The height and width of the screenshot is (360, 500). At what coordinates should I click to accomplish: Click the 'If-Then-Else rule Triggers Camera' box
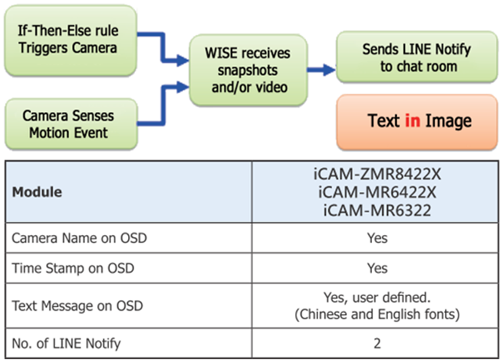click(71, 41)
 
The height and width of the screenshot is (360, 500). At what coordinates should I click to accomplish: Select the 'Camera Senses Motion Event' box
click(71, 124)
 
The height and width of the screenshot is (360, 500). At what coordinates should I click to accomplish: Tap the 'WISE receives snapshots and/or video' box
click(248, 70)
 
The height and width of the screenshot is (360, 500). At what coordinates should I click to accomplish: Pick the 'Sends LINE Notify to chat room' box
click(417, 57)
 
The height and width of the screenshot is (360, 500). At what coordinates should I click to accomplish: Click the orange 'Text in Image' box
click(417, 122)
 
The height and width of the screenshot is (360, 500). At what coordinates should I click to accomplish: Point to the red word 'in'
click(412, 120)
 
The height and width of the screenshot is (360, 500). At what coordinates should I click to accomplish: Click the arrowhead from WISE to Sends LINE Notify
click(330, 70)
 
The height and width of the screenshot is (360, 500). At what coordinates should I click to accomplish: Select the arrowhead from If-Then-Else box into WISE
click(183, 60)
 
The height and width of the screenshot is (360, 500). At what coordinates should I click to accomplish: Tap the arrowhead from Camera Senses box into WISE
click(183, 87)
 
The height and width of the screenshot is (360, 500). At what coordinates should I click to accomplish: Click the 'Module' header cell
click(37, 192)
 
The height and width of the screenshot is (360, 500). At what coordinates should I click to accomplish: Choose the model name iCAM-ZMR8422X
click(377, 174)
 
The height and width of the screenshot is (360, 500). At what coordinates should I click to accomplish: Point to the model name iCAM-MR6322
click(377, 210)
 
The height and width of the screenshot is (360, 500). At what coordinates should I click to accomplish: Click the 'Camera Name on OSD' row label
click(79, 238)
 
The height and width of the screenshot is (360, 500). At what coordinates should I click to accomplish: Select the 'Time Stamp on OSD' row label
click(73, 268)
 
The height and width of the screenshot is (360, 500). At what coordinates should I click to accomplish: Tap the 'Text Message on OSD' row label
click(77, 306)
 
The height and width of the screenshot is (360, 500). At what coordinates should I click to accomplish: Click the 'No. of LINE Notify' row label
click(66, 343)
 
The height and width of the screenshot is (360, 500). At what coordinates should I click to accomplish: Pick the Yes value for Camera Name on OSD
click(377, 238)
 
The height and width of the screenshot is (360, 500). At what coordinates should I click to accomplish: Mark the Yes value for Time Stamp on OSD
click(377, 268)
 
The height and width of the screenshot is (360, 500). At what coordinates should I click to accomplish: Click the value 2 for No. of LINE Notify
click(377, 343)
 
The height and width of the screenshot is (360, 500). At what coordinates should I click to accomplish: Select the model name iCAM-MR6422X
click(377, 192)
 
